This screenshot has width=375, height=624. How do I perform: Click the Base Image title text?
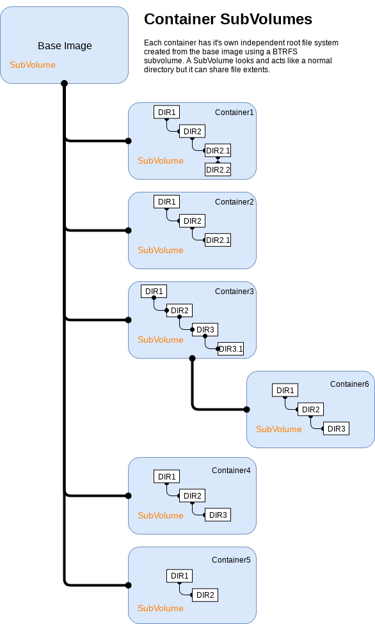click(x=65, y=46)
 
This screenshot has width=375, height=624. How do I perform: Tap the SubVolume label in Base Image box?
click(x=33, y=65)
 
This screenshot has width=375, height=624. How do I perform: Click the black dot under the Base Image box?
click(x=64, y=83)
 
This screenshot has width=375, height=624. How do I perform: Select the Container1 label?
click(x=234, y=113)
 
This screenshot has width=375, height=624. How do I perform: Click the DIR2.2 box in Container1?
click(x=218, y=170)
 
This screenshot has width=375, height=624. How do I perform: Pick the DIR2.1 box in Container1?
click(x=218, y=151)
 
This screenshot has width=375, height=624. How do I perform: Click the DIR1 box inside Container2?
click(x=166, y=202)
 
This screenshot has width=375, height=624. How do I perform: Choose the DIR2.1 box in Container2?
click(x=218, y=240)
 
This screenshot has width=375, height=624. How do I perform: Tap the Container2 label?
click(x=234, y=202)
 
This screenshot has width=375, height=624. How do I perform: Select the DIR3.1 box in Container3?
click(x=230, y=349)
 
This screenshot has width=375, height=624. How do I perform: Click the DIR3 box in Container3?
click(x=205, y=330)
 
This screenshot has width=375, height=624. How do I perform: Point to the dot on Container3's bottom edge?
click(x=192, y=358)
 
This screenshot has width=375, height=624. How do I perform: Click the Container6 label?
click(x=349, y=384)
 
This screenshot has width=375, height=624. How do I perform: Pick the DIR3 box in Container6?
click(x=336, y=429)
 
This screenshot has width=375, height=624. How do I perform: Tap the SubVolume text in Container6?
click(x=279, y=429)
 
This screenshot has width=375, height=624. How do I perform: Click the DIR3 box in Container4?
click(x=218, y=515)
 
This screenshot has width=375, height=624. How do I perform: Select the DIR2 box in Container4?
click(x=192, y=496)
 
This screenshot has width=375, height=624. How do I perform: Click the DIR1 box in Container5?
click(x=179, y=576)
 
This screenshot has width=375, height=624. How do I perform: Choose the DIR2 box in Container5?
click(x=205, y=595)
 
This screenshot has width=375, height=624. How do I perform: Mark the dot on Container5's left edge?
click(x=129, y=585)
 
